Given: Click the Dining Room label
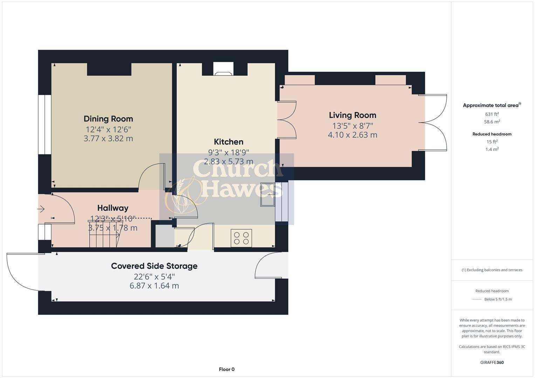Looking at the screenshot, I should coord(108,119).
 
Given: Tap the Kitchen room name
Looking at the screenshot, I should coord(228,142).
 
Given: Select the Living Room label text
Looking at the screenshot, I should coord(352,115).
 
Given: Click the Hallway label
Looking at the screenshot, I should coord(113,208).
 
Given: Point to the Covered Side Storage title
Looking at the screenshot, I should coord(154,266).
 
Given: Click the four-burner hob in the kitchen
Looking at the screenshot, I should coord(241,238).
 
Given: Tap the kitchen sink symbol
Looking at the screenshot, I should coord(268,194).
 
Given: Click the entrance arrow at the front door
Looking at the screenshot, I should coord(41,209).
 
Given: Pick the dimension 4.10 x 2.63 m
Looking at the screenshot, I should coord(352,135).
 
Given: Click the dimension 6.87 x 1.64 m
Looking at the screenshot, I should coord(154,286).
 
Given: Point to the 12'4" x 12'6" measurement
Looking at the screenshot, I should coord(108,129).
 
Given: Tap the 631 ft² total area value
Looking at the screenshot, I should coord(492,114).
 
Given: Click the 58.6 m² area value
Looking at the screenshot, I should coord(492,122).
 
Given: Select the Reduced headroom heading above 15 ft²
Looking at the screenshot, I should coord(492,134).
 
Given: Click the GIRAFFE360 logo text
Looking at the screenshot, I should coord(492,362).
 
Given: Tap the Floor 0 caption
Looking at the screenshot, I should coord(227,369).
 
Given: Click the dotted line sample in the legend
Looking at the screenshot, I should coord(477,299).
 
